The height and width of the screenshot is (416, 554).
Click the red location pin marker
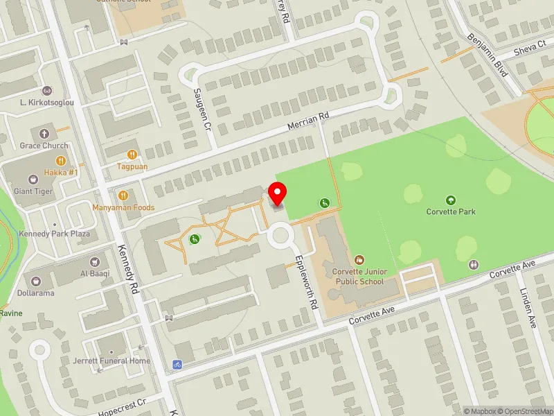(x=278, y=193)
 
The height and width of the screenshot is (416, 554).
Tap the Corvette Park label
(x=451, y=211)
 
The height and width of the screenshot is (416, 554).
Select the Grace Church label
(x=44, y=146)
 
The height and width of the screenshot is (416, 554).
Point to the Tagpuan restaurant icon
(x=132, y=155)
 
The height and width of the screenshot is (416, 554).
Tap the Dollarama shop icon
(x=35, y=280)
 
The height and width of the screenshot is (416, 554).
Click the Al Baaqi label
(x=95, y=273)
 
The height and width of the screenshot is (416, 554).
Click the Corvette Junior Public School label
(x=358, y=277)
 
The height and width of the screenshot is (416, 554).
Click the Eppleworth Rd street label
(x=305, y=280)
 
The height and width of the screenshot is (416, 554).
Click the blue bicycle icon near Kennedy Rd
(x=177, y=364)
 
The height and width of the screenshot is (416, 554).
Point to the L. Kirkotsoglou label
(x=47, y=103)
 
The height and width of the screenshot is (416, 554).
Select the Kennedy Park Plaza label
(x=55, y=234)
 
